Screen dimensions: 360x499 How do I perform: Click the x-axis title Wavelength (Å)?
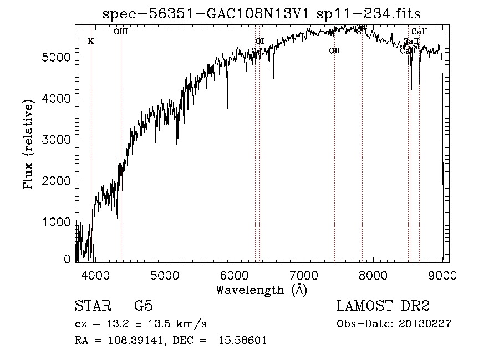click(261, 290)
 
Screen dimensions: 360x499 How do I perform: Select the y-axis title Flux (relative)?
click(28, 143)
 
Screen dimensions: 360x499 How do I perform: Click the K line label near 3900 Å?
click(91, 41)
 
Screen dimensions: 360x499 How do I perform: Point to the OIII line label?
click(121, 32)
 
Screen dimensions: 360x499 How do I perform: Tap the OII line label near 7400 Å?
click(334, 50)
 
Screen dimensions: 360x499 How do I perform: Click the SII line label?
click(361, 32)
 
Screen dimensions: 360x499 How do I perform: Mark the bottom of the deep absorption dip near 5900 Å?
click(227, 108)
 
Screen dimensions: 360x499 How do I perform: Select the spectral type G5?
click(143, 306)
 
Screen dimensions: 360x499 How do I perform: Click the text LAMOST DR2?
click(383, 306)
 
